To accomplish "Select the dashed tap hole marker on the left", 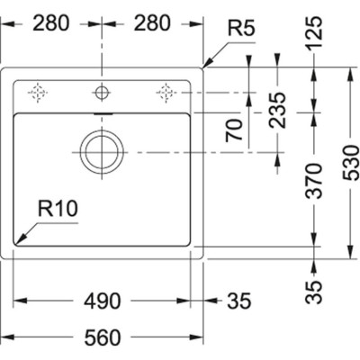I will (38, 91).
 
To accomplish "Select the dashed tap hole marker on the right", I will (165, 91).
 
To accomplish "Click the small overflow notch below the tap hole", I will (100, 115).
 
